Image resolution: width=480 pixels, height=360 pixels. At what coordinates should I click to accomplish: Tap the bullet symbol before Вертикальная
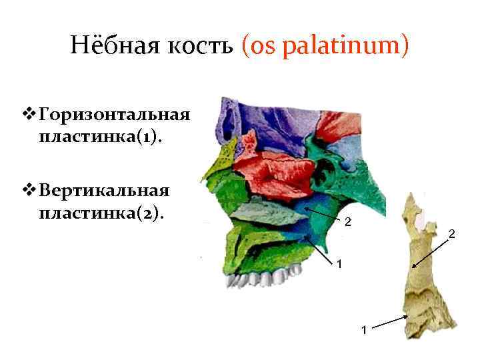click(x=27, y=190)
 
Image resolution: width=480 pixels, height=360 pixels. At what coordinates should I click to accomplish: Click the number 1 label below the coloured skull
click(x=339, y=265)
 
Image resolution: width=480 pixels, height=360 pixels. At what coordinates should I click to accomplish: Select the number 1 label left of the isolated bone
click(x=363, y=329)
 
